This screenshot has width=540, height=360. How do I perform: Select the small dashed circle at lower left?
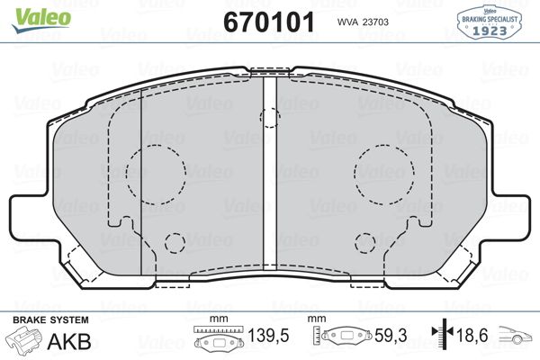click(x=175, y=242)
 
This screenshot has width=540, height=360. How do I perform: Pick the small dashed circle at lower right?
click(x=364, y=242)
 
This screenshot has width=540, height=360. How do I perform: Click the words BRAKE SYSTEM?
click(x=49, y=320)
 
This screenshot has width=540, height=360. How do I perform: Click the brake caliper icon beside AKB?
click(x=23, y=340)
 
